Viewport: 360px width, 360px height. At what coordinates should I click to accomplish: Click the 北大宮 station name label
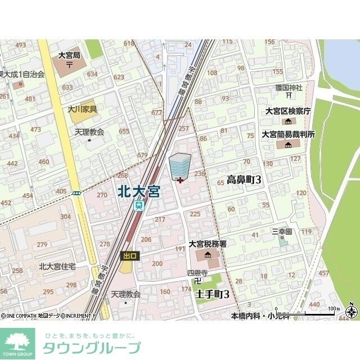point(139,191)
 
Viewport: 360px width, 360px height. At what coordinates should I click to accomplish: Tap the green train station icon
point(138,206)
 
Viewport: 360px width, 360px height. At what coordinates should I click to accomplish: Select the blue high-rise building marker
point(180,166)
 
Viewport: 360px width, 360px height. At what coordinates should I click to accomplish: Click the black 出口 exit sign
point(129,256)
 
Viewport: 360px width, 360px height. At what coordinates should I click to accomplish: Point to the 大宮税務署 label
point(208,244)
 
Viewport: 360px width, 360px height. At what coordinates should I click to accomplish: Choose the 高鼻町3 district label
point(244,180)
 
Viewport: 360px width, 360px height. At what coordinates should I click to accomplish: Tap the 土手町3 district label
point(212,294)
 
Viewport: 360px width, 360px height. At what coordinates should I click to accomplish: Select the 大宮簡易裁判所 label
point(288,134)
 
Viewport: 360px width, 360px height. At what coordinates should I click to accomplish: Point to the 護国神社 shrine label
point(289,88)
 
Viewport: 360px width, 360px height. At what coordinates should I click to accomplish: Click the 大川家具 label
point(83,109)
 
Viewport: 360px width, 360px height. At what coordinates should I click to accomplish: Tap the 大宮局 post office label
point(69,56)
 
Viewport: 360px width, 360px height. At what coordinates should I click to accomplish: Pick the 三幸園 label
point(282,231)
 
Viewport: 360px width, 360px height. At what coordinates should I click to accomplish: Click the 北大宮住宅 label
point(57,267)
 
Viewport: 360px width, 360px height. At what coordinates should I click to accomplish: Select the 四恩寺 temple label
point(197,273)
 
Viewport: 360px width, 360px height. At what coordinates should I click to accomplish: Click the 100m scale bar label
point(334,308)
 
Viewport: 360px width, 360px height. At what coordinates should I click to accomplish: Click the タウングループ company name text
point(92,348)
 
